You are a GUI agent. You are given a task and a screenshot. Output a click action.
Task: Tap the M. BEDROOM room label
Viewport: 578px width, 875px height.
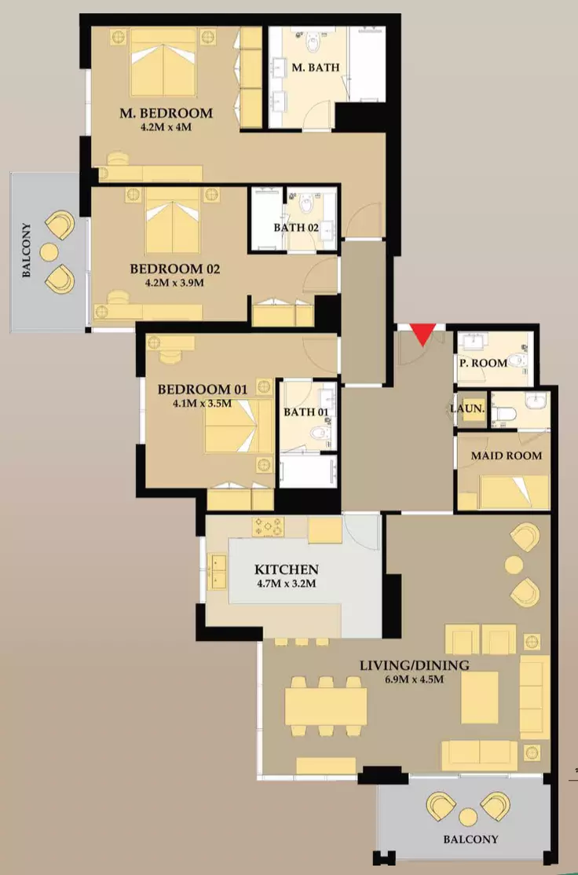pyautogui.click(x=166, y=113)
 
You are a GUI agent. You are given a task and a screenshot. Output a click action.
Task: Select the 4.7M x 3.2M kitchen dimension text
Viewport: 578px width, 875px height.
pyautogui.click(x=287, y=584)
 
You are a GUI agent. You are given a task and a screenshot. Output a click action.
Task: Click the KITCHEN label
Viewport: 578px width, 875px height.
pyautogui.click(x=287, y=569)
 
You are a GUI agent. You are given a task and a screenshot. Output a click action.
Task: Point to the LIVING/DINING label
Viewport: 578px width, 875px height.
pyautogui.click(x=414, y=665)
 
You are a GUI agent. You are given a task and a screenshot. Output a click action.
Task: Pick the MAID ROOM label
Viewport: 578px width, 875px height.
pyautogui.click(x=506, y=456)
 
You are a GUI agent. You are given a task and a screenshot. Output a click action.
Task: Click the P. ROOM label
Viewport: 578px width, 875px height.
pyautogui.click(x=483, y=363)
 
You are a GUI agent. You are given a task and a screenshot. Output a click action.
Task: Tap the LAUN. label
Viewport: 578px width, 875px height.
pyautogui.click(x=467, y=408)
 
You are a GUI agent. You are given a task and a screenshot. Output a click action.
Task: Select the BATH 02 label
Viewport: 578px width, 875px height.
pyautogui.click(x=296, y=228)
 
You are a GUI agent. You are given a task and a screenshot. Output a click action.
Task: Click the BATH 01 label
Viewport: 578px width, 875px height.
pyautogui.click(x=306, y=412)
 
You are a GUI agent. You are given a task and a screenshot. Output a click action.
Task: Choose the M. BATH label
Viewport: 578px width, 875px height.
pyautogui.click(x=316, y=67)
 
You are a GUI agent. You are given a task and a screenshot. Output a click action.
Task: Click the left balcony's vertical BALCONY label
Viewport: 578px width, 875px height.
pyautogui.click(x=26, y=251)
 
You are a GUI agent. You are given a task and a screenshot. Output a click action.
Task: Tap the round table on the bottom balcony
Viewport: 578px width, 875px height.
pyautogui.click(x=468, y=818)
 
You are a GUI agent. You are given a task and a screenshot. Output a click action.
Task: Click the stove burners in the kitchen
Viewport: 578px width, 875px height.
pyautogui.click(x=268, y=526)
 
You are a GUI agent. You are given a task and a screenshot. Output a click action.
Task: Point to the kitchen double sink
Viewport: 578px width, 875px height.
pyautogui.click(x=217, y=572)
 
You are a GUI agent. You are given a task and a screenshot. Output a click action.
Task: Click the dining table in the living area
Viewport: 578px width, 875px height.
pyautogui.click(x=326, y=706)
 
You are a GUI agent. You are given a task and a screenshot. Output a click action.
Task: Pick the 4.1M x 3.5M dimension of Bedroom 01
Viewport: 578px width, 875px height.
pyautogui.click(x=202, y=404)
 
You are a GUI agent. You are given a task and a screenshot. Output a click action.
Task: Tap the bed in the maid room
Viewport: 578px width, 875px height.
pyautogui.click(x=514, y=492)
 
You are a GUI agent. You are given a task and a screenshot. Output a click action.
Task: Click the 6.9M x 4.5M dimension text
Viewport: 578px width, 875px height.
pyautogui.click(x=414, y=679)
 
